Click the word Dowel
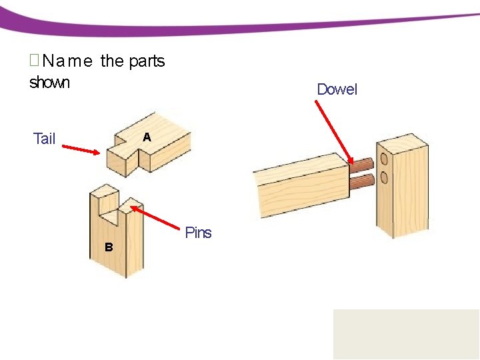(337, 89)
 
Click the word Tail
(44, 139)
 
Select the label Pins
(198, 233)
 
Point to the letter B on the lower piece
(109, 247)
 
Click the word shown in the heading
(49, 83)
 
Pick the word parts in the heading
(147, 61)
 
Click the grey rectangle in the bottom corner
(406, 334)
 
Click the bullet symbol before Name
(35, 61)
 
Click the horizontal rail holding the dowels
(300, 187)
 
